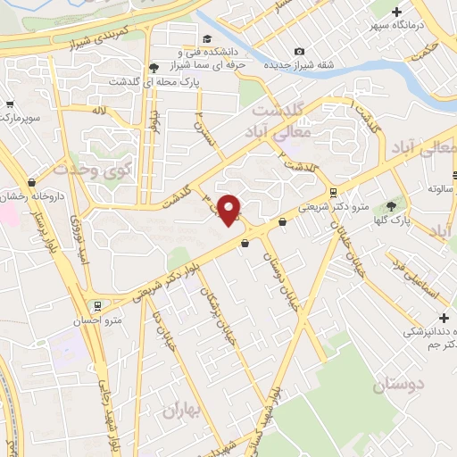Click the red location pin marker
[x=229, y=209]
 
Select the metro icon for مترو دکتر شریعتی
[x=333, y=192]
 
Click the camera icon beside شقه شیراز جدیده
[x=299, y=51]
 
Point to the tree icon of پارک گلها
[x=390, y=205]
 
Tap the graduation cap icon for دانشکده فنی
[x=208, y=38]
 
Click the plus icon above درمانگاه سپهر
[x=396, y=11]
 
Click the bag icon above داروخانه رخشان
[x=32, y=182]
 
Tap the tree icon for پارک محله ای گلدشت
[x=154, y=67]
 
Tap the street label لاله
[x=100, y=110]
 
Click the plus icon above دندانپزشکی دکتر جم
[x=444, y=318]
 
